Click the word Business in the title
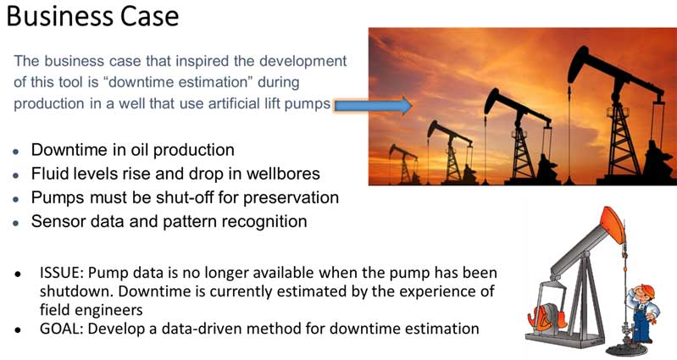(x=59, y=16)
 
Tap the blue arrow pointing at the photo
(x=373, y=105)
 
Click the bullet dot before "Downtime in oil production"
(x=16, y=152)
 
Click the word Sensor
(x=54, y=221)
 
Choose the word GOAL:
(x=61, y=329)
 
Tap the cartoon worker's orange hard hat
(x=646, y=290)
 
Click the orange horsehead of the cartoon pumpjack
(x=613, y=224)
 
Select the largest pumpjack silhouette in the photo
(x=619, y=116)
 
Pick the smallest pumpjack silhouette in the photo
(x=404, y=164)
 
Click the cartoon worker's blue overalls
(x=642, y=322)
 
